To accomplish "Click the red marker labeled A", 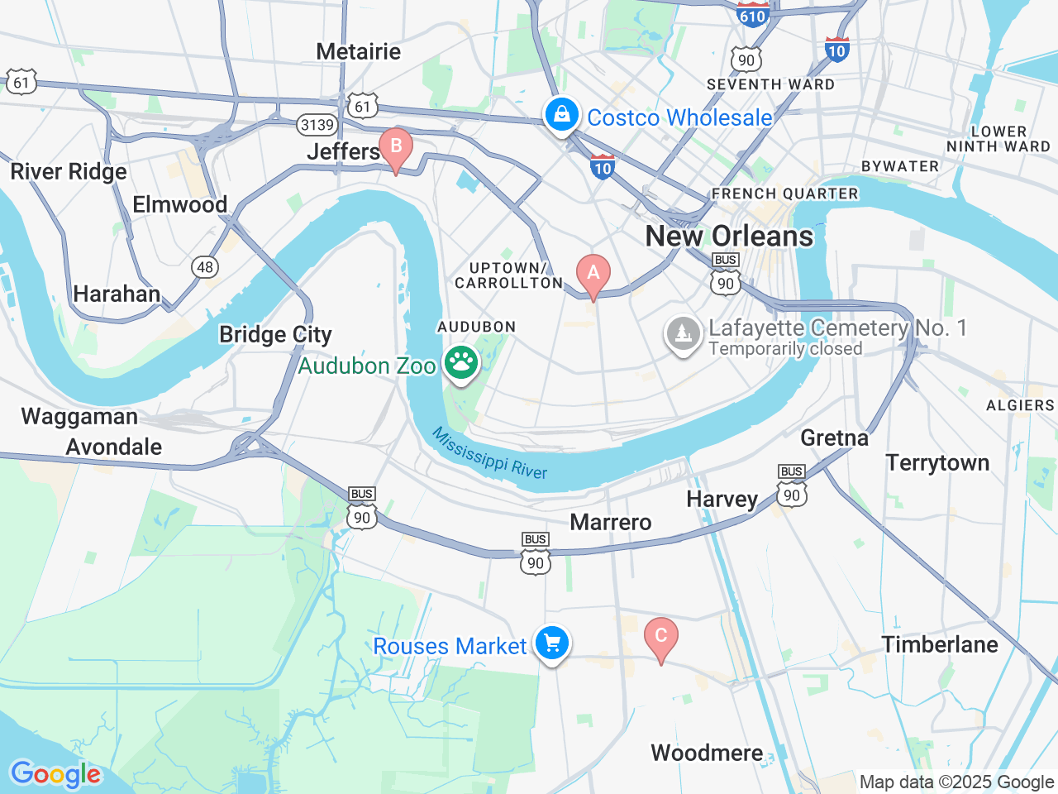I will pyautogui.click(x=593, y=274).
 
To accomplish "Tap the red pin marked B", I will pyautogui.click(x=396, y=147).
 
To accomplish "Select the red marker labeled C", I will pyautogui.click(x=660, y=636).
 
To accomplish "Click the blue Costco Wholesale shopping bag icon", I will pyautogui.click(x=562, y=115).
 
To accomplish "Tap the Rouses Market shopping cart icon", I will pyautogui.click(x=552, y=643).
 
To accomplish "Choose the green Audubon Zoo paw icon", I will pyautogui.click(x=461, y=362).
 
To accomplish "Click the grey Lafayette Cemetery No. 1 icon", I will pyautogui.click(x=683, y=334).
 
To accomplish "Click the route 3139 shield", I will pyautogui.click(x=317, y=125).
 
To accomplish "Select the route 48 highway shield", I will pyautogui.click(x=205, y=266).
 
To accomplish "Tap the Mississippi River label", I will pyautogui.click(x=489, y=453).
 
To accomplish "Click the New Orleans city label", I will pyautogui.click(x=729, y=236).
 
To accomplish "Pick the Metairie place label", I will pyautogui.click(x=358, y=51).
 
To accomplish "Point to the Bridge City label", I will pyautogui.click(x=275, y=334).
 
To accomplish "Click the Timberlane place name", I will pyautogui.click(x=940, y=644).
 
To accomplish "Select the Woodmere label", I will pyautogui.click(x=707, y=753).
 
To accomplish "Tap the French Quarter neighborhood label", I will pyautogui.click(x=784, y=194).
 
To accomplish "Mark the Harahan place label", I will pyautogui.click(x=117, y=294).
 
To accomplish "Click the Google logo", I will pyautogui.click(x=55, y=774).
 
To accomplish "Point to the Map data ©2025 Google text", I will pyautogui.click(x=956, y=782).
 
